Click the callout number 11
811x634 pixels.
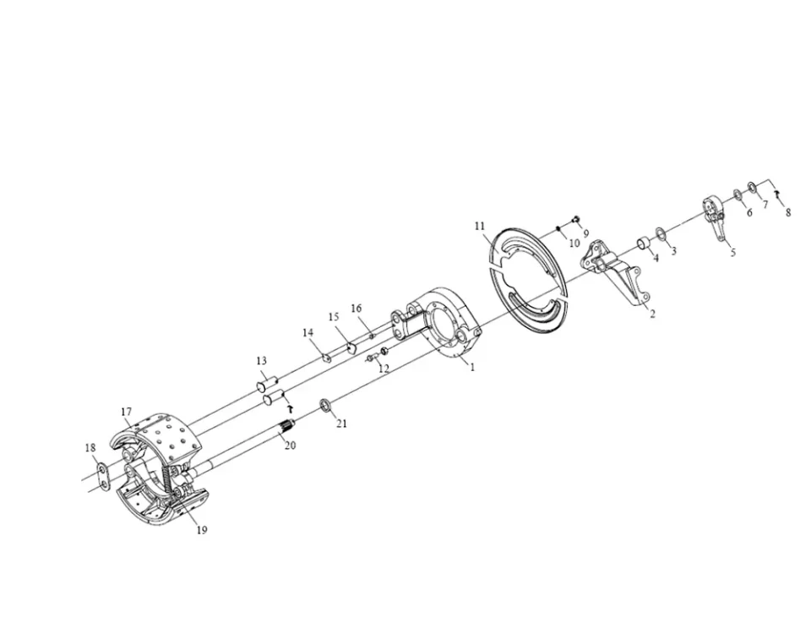pos(480,227)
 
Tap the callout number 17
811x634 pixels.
pos(127,412)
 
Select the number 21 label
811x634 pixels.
pos(341,424)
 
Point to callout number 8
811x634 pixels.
pos(787,212)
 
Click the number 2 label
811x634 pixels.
pos(652,314)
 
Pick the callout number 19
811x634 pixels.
pos(202,529)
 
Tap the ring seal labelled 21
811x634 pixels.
pos(326,405)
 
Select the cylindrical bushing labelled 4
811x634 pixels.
pos(644,243)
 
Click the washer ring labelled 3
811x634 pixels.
pos(661,233)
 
